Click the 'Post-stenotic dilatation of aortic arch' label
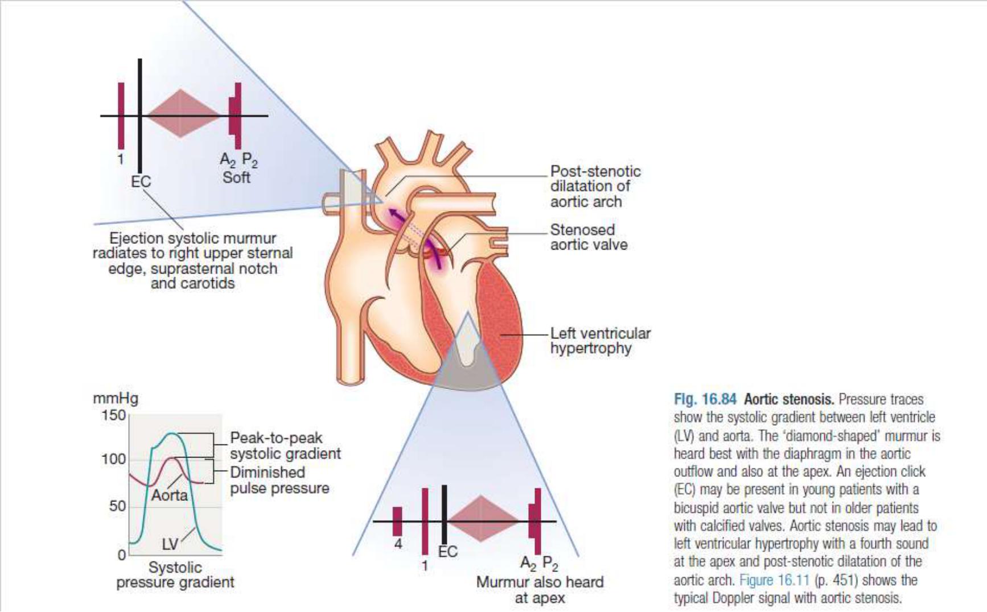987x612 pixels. click(x=594, y=186)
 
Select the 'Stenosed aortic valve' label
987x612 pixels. click(x=589, y=237)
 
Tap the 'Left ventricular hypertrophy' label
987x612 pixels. click(x=600, y=341)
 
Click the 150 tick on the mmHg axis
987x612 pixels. click(x=114, y=415)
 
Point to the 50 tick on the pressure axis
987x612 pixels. click(x=117, y=506)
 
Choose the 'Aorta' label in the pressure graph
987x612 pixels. click(x=170, y=495)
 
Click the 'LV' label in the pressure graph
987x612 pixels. click(x=170, y=544)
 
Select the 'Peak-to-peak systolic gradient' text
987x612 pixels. click(x=285, y=446)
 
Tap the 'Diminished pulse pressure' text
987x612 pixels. click(x=279, y=480)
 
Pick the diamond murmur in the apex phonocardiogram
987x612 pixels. click(x=482, y=519)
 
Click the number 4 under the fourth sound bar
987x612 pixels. click(x=398, y=544)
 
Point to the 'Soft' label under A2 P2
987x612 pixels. click(x=236, y=178)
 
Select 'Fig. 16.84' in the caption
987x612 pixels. click(x=705, y=399)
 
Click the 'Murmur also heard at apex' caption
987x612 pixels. click(x=540, y=590)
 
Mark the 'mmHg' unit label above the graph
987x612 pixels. click(x=116, y=398)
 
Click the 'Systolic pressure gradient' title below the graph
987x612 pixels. click(x=175, y=575)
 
